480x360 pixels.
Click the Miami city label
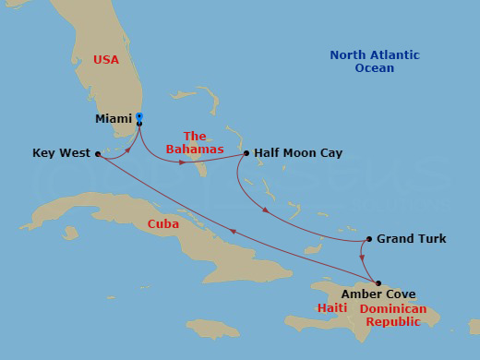[x=114, y=119]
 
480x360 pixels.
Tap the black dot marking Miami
[x=138, y=123]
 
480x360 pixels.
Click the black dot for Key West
[x=97, y=154]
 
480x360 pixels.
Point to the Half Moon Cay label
[x=297, y=153]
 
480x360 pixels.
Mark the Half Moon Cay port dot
[x=246, y=153]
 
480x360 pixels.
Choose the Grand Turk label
[x=412, y=239]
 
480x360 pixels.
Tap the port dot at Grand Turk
[x=369, y=239]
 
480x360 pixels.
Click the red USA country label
[x=106, y=60]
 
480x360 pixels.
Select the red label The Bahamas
[x=195, y=142]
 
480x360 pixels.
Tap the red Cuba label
[x=163, y=224]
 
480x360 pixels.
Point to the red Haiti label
[x=331, y=308]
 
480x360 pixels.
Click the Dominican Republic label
[x=393, y=315]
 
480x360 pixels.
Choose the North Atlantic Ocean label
[x=374, y=62]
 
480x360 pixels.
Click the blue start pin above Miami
[x=138, y=115]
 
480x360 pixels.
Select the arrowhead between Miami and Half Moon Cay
[x=181, y=162]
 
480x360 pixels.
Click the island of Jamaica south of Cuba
[x=212, y=328]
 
